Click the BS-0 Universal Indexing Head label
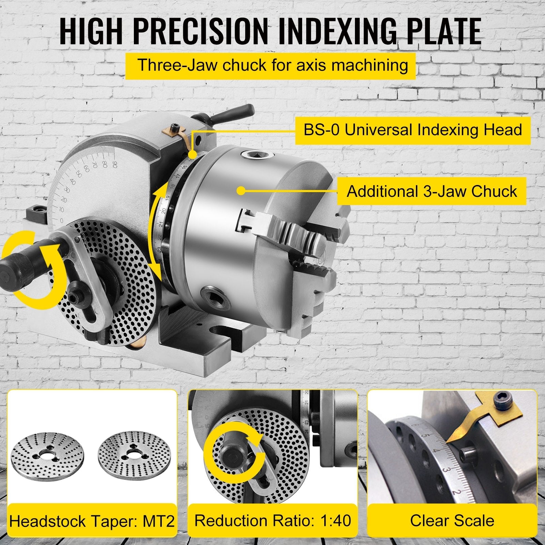(412, 130)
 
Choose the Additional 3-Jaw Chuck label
(432, 191)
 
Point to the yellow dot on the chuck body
(241, 191)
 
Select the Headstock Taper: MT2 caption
(92, 521)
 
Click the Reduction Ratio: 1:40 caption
(272, 521)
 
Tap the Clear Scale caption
(452, 521)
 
